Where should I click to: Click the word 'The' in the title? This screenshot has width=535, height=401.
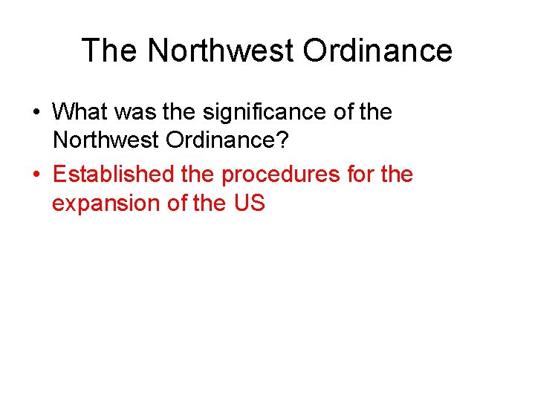(x=109, y=50)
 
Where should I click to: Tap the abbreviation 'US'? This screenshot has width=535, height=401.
(x=249, y=203)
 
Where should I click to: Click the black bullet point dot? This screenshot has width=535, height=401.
(x=36, y=113)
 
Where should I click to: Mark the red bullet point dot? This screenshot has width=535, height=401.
(x=36, y=175)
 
